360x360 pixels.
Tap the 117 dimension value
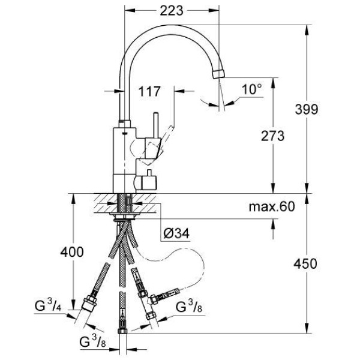149,92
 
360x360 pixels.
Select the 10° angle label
252,89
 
